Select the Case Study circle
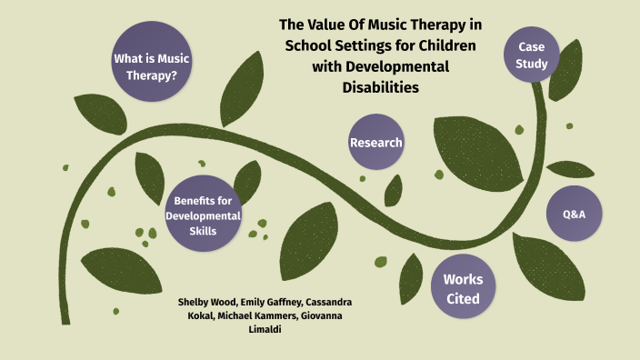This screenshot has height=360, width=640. tap(531, 55)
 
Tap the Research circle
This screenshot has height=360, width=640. tap(375, 142)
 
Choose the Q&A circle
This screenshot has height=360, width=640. tap(575, 213)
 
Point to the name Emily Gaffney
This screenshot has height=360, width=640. tap(268, 301)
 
